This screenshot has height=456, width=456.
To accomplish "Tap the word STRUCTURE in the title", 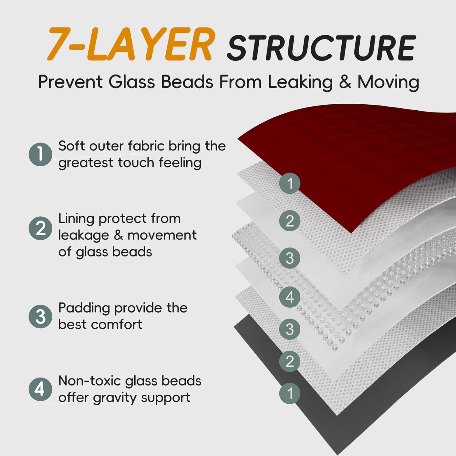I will coord(321,48).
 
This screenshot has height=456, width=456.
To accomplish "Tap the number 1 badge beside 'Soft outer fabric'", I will coord(40,154).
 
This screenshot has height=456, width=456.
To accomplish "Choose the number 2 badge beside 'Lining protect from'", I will coord(40,228).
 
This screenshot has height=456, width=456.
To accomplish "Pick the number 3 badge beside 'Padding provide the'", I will coord(40,316).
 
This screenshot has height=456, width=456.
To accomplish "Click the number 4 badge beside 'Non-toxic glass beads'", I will coord(40,389).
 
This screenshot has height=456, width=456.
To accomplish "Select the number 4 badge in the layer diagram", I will coord(290,297).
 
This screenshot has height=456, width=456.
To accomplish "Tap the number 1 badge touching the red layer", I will coord(290,183).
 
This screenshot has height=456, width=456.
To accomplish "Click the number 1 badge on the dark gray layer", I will coord(290,393).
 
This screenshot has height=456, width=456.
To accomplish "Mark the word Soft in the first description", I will coord(71,146).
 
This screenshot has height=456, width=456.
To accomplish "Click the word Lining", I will coord(76,219).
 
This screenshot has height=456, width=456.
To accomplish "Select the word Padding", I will coord(84,308).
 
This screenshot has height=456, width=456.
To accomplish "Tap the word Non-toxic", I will coord(89,381).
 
